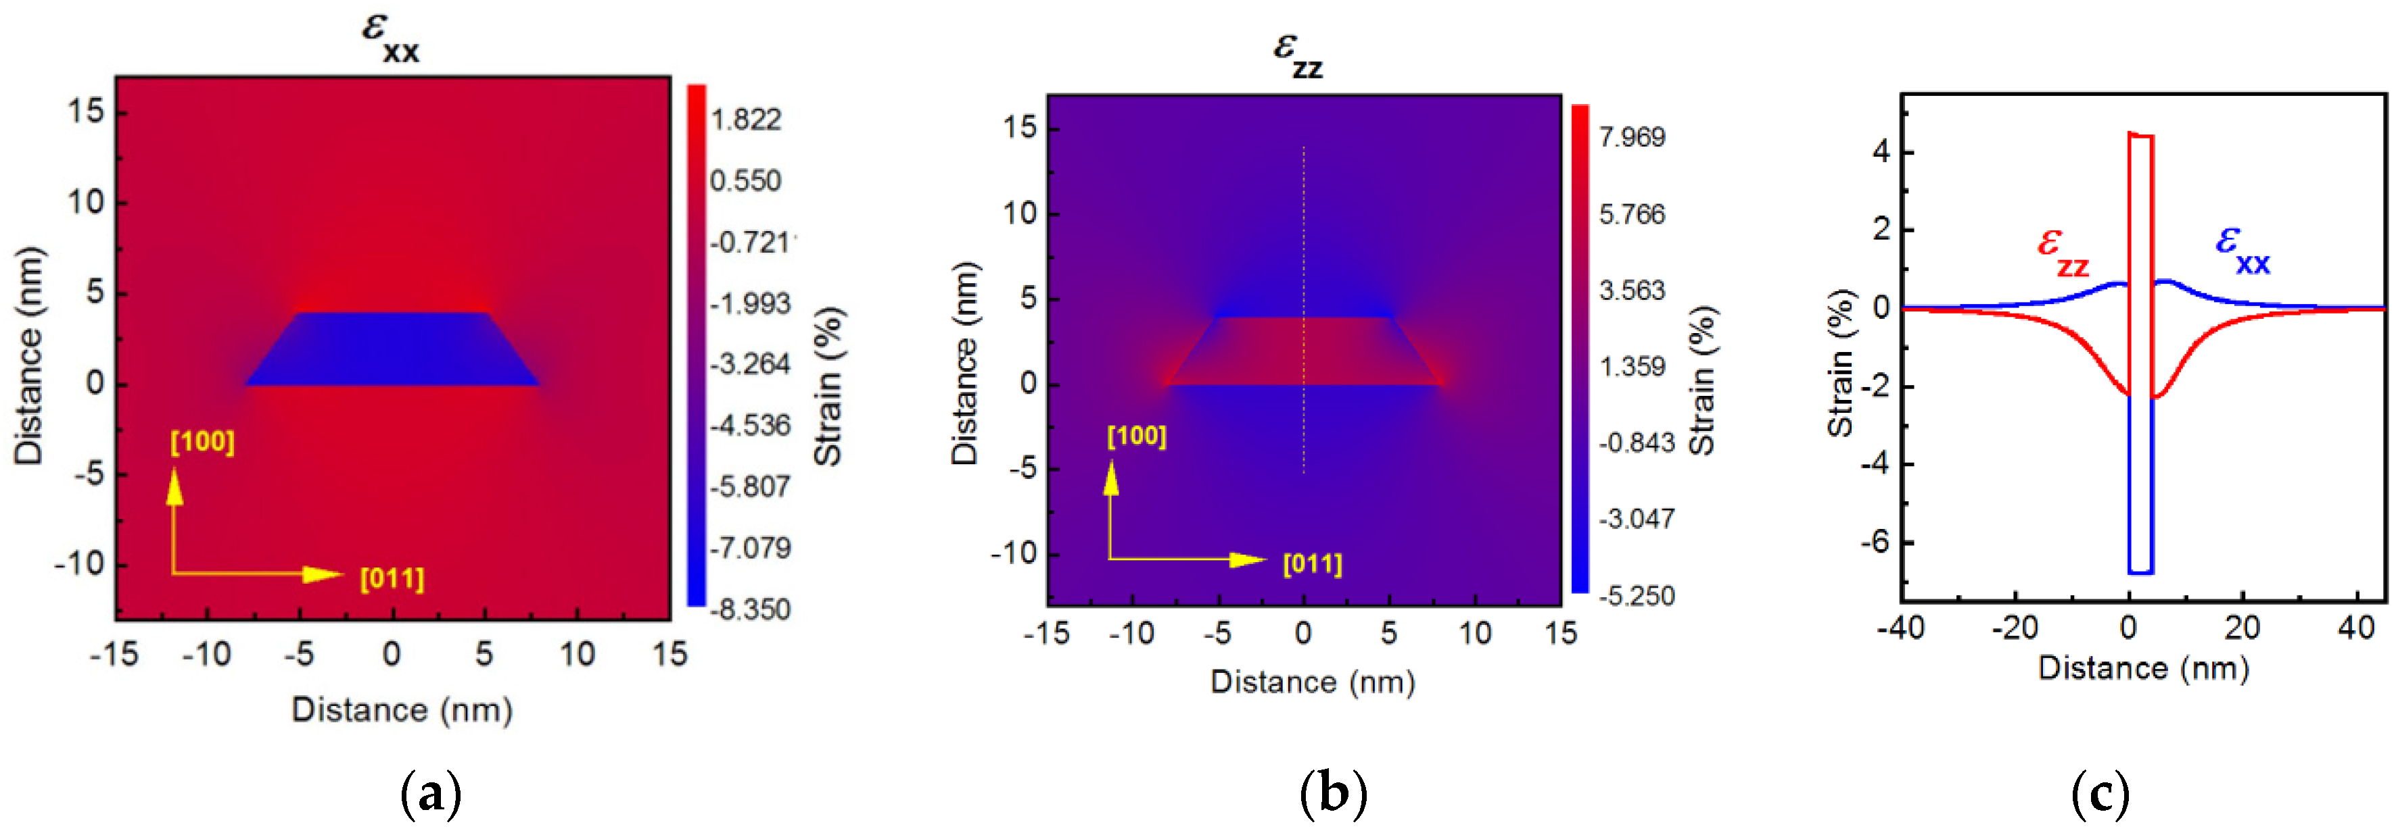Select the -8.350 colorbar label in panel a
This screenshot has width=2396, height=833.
click(x=750, y=610)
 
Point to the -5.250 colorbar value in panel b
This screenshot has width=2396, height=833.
click(x=1636, y=596)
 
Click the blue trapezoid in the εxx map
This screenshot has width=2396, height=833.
click(x=392, y=351)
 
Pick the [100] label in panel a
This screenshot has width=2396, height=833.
click(x=202, y=442)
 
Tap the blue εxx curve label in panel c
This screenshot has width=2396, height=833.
click(x=2242, y=249)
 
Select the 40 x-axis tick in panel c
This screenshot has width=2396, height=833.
click(x=2355, y=628)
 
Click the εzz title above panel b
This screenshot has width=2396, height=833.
click(x=1298, y=54)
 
